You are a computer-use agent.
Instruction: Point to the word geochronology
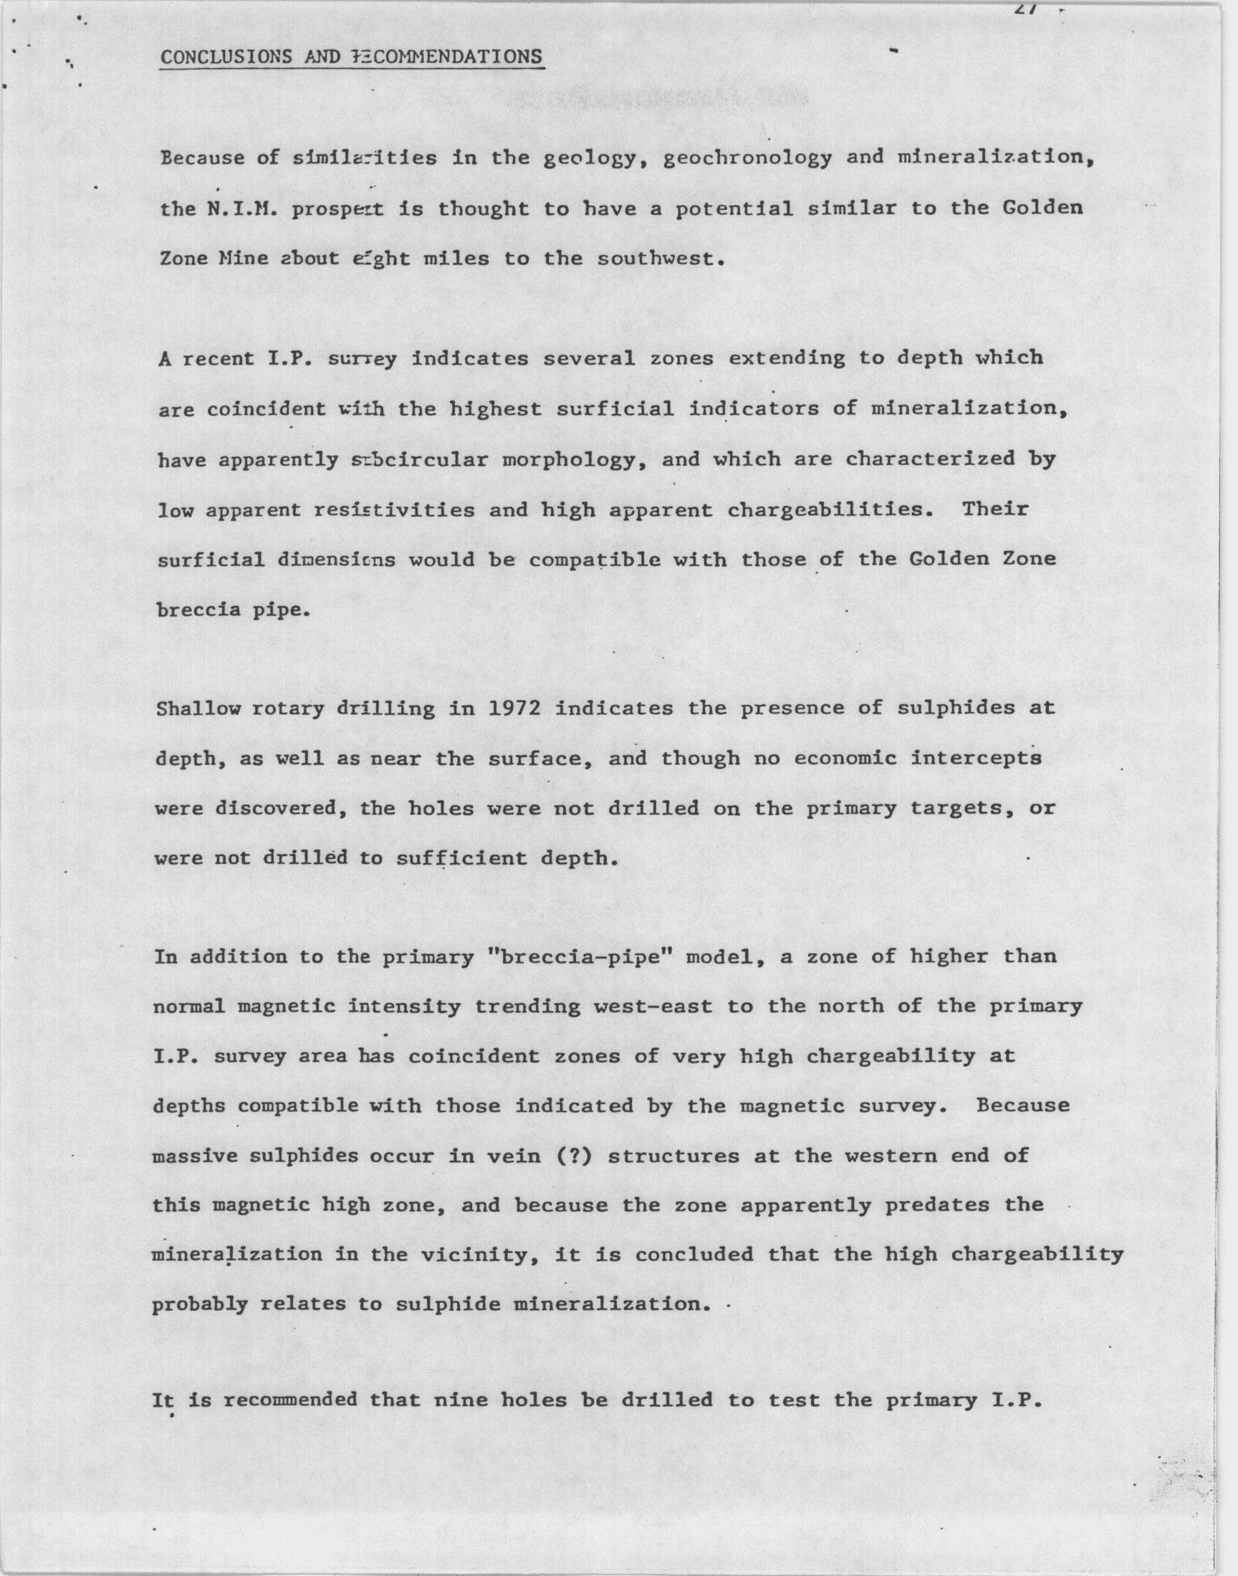point(747,158)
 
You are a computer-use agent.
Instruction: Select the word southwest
point(661,259)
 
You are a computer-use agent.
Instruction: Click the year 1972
point(513,708)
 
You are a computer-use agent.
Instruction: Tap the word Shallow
point(198,708)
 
